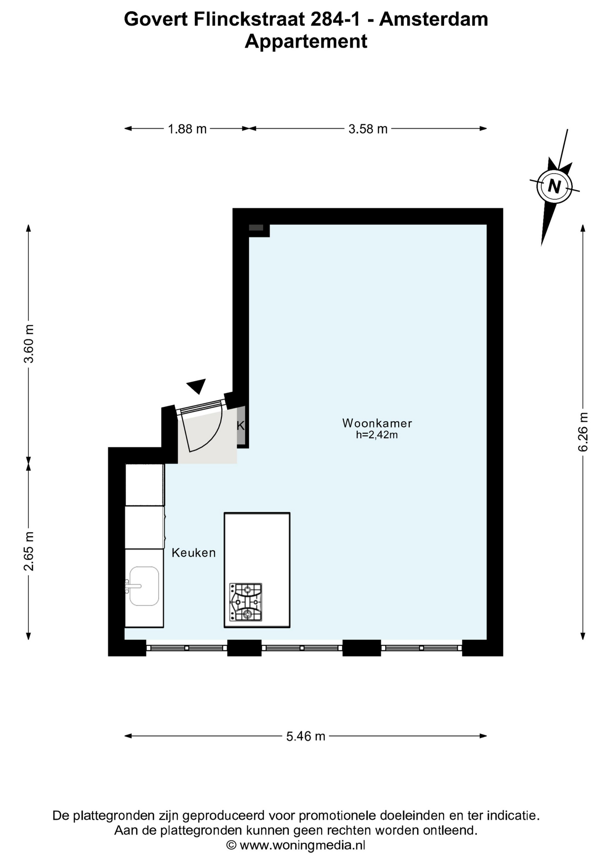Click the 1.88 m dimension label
pos(187,129)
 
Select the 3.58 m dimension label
pos(368,129)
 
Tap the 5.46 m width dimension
pos(306,736)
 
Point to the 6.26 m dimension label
pos(583,432)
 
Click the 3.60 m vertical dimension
pos(29,343)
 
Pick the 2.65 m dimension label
pos(29,551)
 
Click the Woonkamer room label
pos(377,423)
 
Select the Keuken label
pos(193,553)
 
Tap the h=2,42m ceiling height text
pos(377,435)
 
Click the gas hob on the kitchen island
pos(246,602)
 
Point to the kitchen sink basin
pos(144,586)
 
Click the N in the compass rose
pos(554,186)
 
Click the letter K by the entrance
pos(241,426)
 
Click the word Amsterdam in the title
pos(433,19)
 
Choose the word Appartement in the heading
pos(306,41)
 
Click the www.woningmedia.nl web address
pos(302,845)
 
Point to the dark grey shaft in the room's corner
pos(256,228)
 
